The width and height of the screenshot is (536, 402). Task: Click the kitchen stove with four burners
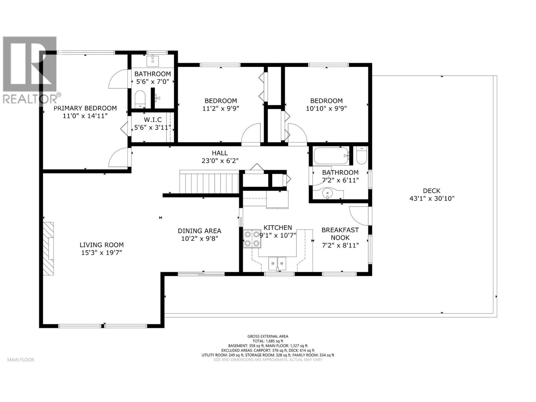point(252,239)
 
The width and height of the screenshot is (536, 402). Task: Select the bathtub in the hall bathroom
point(331,155)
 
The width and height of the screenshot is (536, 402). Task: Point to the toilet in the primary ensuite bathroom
point(140,99)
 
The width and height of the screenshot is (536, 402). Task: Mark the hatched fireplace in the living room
point(49,249)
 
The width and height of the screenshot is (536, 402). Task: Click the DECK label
point(431,191)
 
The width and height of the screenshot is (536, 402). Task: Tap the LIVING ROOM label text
point(102,245)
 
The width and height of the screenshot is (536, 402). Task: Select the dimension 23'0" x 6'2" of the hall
point(220,161)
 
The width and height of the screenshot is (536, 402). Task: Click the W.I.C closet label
point(153,120)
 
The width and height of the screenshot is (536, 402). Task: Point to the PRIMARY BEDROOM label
point(85,108)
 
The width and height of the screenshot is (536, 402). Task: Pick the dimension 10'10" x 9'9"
point(326,108)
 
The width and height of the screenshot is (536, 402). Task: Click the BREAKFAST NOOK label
point(340,233)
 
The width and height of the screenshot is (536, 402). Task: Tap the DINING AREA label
point(200,231)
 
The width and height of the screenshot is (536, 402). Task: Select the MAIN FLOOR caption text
point(21,359)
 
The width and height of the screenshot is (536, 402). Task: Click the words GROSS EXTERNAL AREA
point(268,336)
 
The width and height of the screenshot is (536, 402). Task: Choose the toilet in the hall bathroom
point(361,155)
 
